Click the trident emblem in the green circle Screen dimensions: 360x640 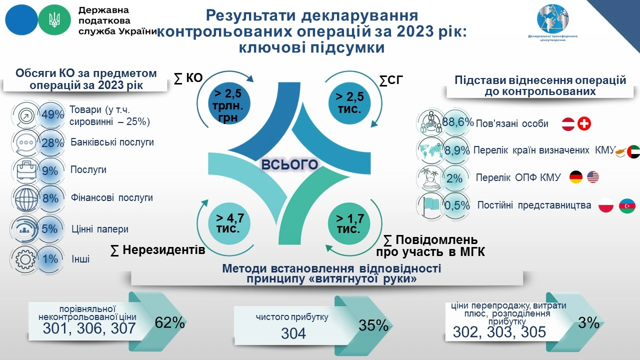point(54,19)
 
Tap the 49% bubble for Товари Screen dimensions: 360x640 point(52,114)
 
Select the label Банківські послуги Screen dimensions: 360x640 point(112,142)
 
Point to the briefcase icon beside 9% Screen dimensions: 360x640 point(24,170)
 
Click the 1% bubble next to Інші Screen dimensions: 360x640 point(50,259)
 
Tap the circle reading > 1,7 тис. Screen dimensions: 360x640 point(348,223)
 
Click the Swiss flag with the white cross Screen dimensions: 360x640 point(584,124)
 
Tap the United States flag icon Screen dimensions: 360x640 point(593,177)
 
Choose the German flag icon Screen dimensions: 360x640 point(576,177)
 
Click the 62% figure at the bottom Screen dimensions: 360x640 point(170,323)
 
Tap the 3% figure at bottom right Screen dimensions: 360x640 point(588,323)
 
